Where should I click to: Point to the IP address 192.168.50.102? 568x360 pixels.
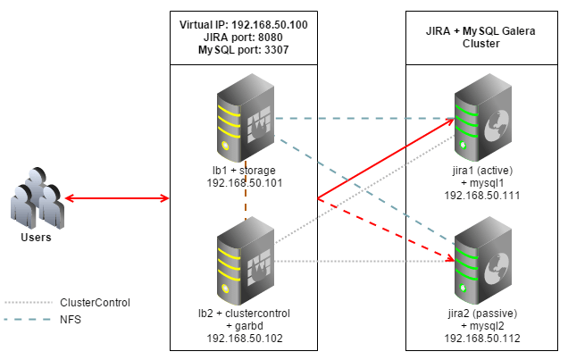[x=242, y=339]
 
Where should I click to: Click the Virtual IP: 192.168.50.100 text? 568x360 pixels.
[x=243, y=25]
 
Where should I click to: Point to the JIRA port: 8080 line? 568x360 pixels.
[x=243, y=38]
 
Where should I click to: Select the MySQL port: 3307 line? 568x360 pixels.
[x=243, y=51]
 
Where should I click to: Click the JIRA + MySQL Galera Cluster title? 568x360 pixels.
[x=481, y=38]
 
